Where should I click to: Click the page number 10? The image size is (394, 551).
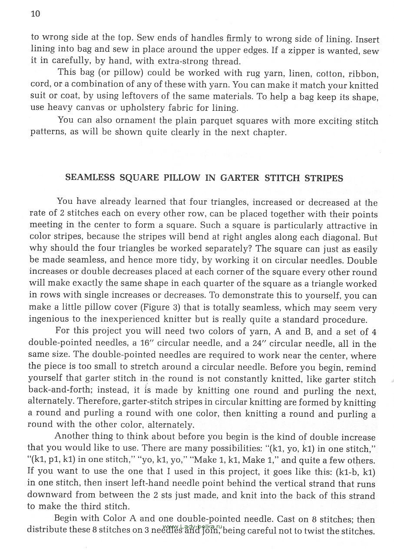pos(36,14)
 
